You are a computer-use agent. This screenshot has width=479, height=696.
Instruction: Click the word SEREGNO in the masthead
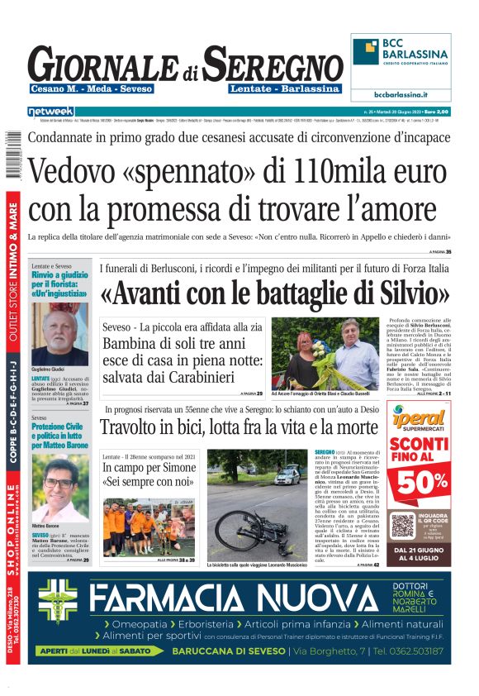coord(273,64)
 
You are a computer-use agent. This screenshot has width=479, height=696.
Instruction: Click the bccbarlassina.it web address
coord(401,95)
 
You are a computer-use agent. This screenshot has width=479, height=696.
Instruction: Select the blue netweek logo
coord(50,111)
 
